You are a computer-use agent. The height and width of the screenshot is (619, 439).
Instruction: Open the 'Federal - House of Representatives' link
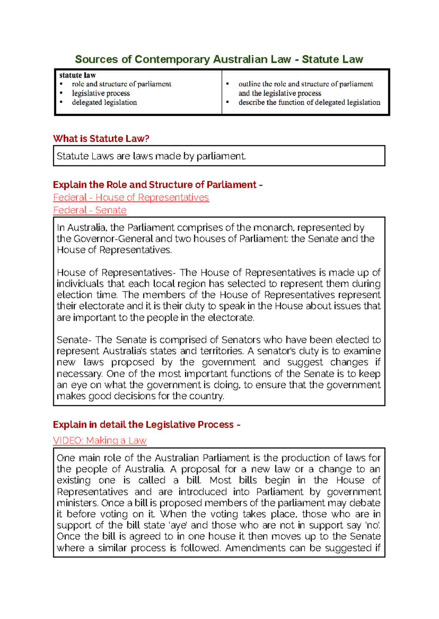point(131,197)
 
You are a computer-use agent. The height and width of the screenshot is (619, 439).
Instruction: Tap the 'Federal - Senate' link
point(90,210)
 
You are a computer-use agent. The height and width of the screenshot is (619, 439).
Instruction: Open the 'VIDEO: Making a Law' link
point(100,440)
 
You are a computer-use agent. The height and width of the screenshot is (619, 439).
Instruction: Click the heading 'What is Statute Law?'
point(101,138)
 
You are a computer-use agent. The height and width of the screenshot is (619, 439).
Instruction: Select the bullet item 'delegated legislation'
point(104,102)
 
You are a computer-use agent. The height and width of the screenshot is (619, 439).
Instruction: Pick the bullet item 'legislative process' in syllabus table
point(101,93)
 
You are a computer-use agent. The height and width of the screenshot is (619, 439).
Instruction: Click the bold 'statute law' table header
point(78,75)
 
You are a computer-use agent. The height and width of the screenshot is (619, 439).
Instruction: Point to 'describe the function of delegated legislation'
point(309,102)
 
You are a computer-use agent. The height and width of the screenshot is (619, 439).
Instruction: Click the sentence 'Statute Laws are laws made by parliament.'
point(151,156)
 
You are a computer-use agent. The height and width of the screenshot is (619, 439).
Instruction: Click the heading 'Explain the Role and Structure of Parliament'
point(154,185)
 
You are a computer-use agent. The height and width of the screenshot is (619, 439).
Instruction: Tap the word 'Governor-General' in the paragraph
point(113,239)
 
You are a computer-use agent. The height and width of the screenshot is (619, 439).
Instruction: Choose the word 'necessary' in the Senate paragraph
point(79,373)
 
